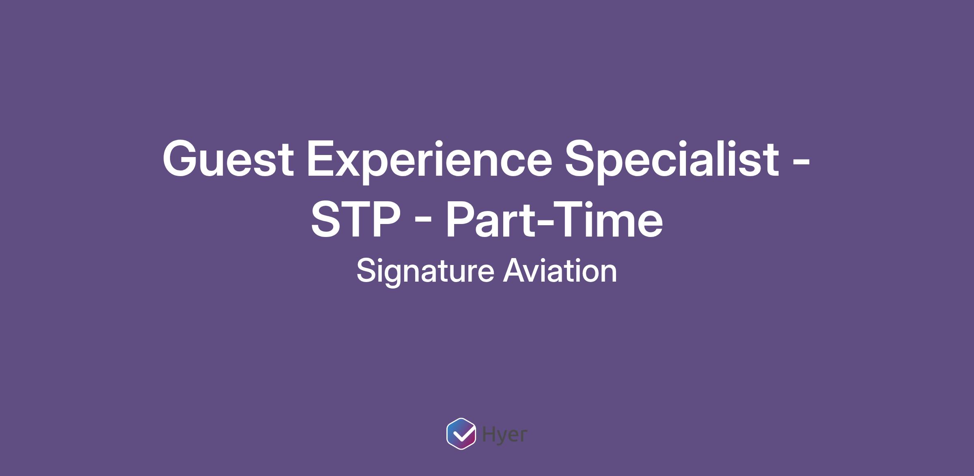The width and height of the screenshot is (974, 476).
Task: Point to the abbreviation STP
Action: tap(356, 220)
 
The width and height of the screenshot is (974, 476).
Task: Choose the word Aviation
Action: tap(560, 271)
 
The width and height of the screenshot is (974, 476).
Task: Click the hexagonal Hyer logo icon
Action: tap(461, 433)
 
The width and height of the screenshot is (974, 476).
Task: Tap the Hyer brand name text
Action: tap(504, 435)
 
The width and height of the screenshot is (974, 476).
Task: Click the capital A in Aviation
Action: tap(515, 271)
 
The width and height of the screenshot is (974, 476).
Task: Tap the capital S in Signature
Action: tap(367, 271)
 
